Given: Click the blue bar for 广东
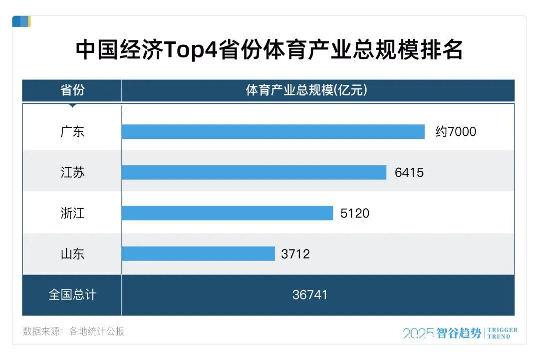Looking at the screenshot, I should pyautogui.click(x=273, y=132).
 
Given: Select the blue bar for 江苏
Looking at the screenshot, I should pyautogui.click(x=254, y=173).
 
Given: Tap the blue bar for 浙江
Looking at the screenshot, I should pyautogui.click(x=227, y=213).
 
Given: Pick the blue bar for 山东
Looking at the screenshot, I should pyautogui.click(x=198, y=254).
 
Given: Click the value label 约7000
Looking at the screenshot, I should pyautogui.click(x=456, y=132).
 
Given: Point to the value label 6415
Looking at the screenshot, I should pyautogui.click(x=409, y=173).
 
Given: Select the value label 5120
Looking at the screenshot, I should pyautogui.click(x=355, y=213).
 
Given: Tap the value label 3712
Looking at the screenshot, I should pyautogui.click(x=295, y=254).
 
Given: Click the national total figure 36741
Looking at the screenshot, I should pyautogui.click(x=310, y=295).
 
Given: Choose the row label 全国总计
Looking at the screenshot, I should pyautogui.click(x=72, y=295).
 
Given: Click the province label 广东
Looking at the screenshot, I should pyautogui.click(x=72, y=132).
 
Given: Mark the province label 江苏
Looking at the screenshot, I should pyautogui.click(x=72, y=173).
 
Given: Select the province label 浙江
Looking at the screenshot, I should pyautogui.click(x=72, y=213).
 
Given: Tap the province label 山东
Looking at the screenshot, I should pyautogui.click(x=72, y=254).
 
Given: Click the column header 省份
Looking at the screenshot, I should pyautogui.click(x=72, y=90).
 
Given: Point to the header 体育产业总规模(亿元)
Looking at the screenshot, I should pyautogui.click(x=306, y=90).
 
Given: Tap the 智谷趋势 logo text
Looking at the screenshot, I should pyautogui.click(x=459, y=333).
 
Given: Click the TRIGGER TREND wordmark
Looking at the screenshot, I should pyautogui.click(x=502, y=333).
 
